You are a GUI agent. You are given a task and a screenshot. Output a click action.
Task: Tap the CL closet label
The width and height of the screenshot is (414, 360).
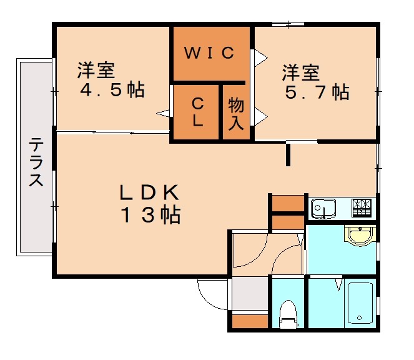(197, 112)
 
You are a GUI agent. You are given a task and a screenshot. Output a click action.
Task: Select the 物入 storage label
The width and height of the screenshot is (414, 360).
(235, 113)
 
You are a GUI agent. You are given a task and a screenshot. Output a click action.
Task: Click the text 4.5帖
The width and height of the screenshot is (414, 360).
(112, 90)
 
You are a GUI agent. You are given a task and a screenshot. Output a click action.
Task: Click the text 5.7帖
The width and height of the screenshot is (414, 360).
(316, 92)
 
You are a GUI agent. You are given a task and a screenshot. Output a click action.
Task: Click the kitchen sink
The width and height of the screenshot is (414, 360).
(323, 207)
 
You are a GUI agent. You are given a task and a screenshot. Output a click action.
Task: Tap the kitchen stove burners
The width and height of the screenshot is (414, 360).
(362, 206)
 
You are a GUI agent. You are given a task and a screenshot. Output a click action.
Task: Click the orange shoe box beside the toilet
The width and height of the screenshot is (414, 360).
(250, 321)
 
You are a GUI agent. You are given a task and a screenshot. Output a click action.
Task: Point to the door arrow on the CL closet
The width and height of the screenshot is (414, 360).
(164, 113)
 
